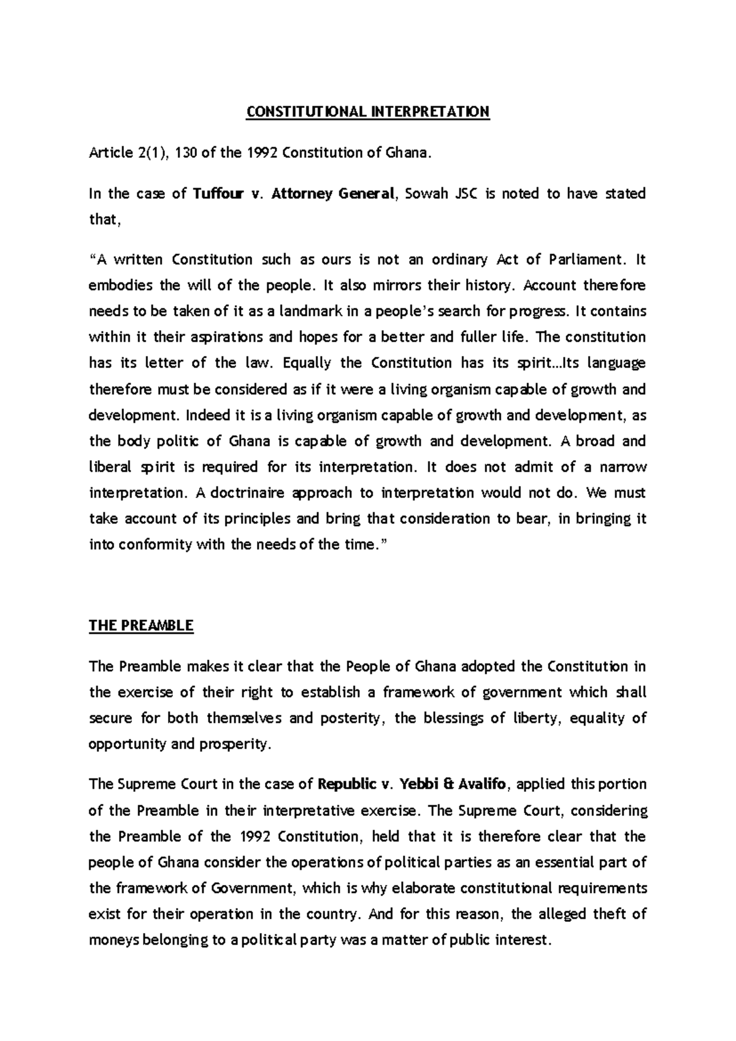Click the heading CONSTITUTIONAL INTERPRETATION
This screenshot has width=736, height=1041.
[x=367, y=112]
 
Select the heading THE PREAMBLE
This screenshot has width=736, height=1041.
[x=141, y=625]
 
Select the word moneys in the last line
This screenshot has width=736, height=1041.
[x=113, y=940]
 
